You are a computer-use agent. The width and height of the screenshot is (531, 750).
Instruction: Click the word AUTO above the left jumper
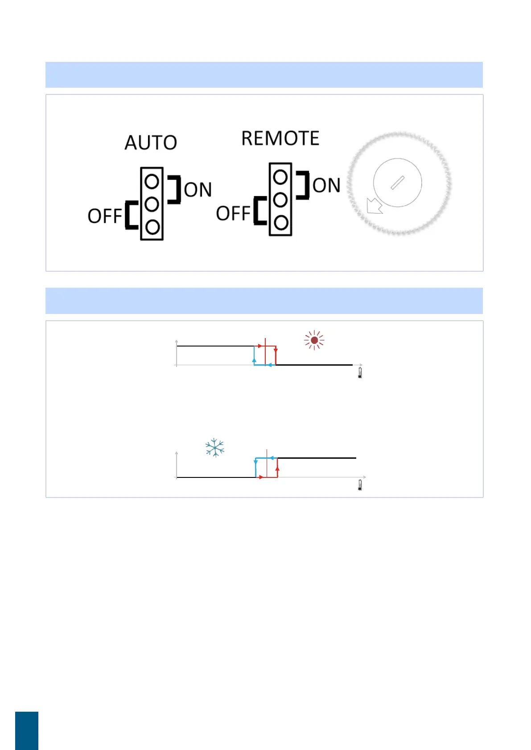151,143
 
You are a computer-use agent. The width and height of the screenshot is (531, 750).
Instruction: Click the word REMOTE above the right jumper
280,139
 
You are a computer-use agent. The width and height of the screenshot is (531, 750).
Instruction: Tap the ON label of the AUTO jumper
198,190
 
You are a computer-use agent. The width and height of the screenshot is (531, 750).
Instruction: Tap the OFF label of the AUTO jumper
105,216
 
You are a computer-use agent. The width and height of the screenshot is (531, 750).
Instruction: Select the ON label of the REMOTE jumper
326,185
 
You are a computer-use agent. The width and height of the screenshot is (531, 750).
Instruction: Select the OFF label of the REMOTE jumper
233,214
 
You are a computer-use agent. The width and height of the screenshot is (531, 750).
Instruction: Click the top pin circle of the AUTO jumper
152,181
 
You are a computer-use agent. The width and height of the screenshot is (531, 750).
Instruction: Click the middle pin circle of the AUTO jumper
152,204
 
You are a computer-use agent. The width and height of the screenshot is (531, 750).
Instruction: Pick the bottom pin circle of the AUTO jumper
152,227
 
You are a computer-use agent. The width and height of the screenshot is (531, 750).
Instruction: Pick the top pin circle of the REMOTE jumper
280,177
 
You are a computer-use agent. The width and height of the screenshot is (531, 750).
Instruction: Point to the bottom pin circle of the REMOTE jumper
281,223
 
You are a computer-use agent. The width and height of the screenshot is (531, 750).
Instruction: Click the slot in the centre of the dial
397,183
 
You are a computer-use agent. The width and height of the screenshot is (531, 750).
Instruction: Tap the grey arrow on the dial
374,206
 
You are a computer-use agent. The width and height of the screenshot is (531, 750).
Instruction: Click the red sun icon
314,340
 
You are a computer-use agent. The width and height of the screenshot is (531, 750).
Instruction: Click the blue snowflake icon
215,448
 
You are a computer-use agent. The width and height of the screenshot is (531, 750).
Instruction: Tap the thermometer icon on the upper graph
360,373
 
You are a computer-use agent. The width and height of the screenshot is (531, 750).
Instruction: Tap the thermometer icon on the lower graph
360,485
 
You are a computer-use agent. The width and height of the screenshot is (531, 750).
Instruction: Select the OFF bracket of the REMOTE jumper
259,211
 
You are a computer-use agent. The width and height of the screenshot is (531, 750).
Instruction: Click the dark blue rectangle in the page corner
27,730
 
